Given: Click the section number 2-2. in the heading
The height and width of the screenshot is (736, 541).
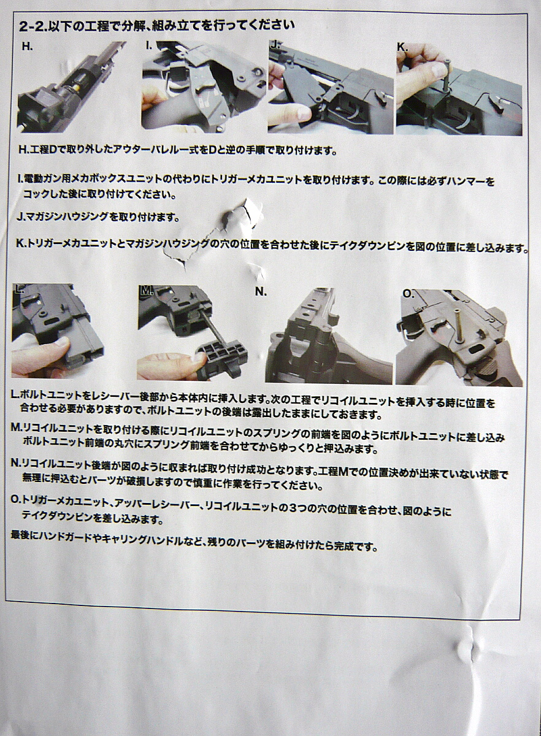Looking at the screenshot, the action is [33, 26].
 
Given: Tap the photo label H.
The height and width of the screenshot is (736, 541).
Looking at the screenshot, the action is [27, 47].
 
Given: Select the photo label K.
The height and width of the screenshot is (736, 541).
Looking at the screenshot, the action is [402, 47].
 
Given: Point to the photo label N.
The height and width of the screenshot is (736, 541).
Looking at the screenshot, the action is [261, 292].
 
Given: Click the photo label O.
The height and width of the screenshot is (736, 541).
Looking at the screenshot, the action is [409, 294].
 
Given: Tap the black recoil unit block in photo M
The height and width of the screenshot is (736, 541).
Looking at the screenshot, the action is [220, 361].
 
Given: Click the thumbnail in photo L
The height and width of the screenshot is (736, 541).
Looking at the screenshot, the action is [62, 343].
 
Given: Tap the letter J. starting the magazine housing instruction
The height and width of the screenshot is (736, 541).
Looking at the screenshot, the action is [21, 217].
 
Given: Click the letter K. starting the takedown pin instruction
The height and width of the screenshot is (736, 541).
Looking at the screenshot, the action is [21, 243].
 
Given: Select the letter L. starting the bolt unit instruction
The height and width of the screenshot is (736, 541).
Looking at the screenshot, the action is [15, 395].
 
